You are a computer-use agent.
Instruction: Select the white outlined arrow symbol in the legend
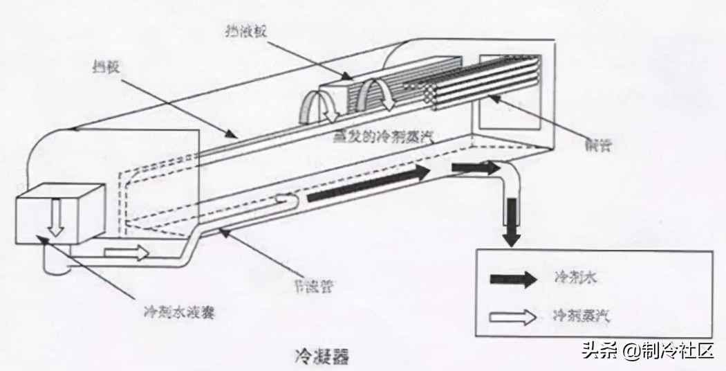coord(513,316)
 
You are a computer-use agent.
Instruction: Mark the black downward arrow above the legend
coord(511,221)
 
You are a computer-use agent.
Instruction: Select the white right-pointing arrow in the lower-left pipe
coord(127,253)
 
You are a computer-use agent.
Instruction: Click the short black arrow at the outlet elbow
coord(475,168)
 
